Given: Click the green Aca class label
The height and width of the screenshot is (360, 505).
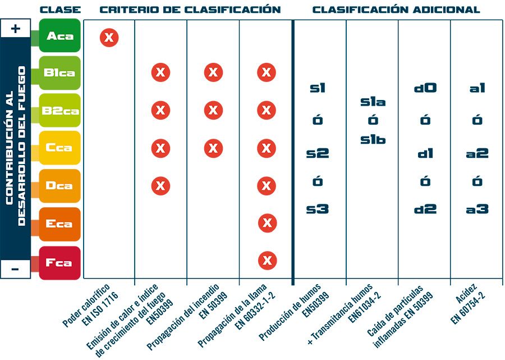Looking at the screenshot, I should click(60, 36).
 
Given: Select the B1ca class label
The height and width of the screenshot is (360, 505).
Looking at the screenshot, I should click(60, 73).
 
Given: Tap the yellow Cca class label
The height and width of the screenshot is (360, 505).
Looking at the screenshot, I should click(60, 148).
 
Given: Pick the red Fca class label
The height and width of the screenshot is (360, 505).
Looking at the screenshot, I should click(60, 262).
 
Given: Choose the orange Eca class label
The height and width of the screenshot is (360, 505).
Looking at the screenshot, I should click(60, 224).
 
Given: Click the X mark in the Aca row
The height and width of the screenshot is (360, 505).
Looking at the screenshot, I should click(109, 38).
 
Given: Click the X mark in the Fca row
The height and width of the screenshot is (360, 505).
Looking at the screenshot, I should click(267, 260).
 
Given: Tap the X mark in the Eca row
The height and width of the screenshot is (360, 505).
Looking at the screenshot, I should click(267, 223).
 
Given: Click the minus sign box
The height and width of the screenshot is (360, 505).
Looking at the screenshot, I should click(16, 269).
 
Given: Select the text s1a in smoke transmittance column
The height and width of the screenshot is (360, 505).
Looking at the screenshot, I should click(373, 102).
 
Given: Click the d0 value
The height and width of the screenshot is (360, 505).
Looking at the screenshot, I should click(425, 88).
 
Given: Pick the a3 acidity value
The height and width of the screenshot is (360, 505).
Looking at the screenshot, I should click(477, 209).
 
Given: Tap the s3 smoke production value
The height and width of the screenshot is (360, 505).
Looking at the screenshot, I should click(318, 209).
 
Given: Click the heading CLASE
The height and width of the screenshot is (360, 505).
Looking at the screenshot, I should click(61, 10).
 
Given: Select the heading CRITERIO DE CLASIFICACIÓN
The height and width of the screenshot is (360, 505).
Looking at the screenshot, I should click(190, 10).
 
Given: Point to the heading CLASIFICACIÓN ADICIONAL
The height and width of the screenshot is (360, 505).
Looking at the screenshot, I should click(396, 10).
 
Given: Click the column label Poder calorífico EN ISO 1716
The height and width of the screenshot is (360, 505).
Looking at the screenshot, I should click(89, 306).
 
